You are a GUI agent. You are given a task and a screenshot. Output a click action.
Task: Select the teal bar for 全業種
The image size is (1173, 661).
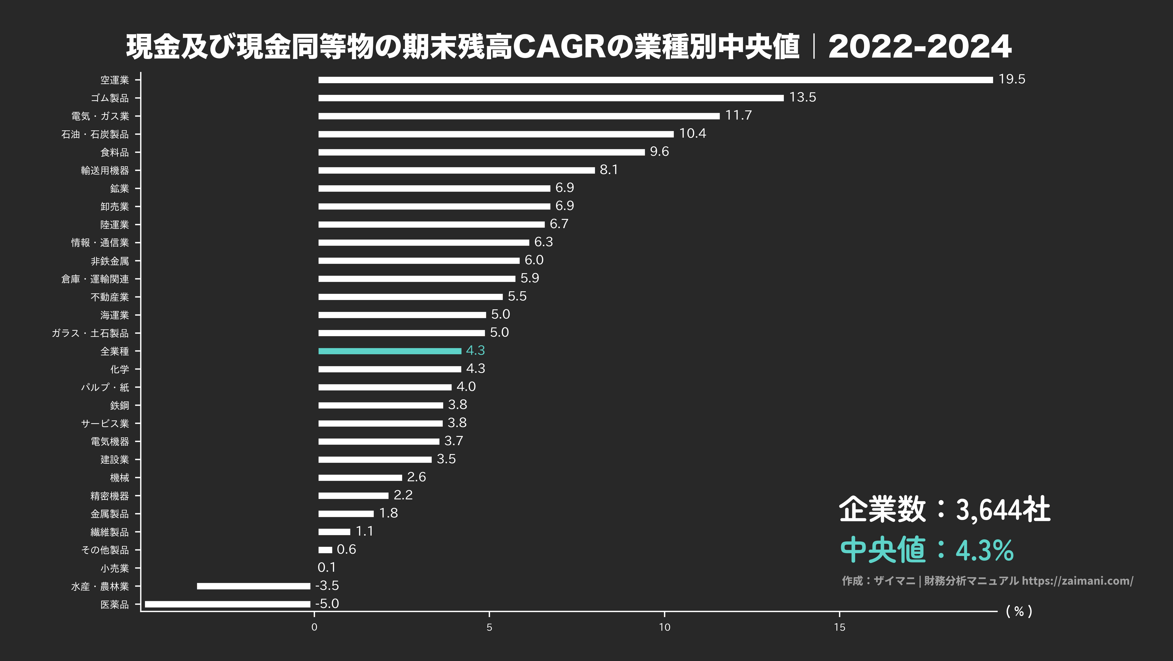[389, 351]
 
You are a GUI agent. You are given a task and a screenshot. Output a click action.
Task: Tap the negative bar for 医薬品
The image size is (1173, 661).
[227, 604]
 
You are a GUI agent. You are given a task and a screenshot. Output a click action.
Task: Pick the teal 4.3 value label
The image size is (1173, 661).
[475, 350]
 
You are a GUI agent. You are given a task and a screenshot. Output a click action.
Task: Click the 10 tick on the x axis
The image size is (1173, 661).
[664, 627]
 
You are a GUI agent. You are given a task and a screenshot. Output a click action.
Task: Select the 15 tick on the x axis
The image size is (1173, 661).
[839, 627]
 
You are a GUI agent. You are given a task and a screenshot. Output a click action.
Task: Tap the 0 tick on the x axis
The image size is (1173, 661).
[314, 627]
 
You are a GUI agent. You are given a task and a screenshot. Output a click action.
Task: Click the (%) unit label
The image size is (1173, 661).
[1019, 611]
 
